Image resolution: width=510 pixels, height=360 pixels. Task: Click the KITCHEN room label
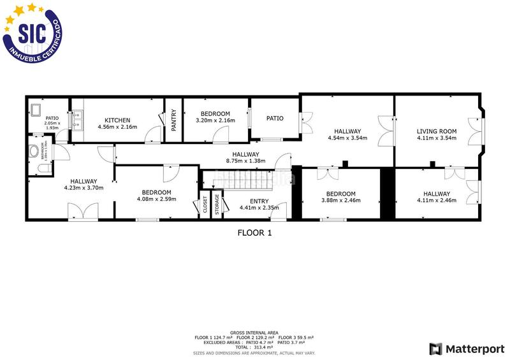point(118,120)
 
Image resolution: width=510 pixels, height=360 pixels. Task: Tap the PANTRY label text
point(173,120)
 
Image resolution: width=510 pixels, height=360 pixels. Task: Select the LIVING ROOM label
point(437,131)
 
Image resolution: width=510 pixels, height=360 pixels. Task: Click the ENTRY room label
point(259,201)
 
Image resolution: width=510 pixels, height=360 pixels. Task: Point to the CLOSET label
point(205,205)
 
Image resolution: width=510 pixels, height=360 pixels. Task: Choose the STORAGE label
point(217,205)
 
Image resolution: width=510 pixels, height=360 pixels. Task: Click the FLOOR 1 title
point(254,233)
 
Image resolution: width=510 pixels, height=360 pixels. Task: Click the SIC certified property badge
point(33,33)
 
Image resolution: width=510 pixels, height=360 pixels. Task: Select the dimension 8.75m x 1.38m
point(245,161)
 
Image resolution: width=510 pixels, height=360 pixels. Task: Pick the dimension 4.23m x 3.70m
point(84,188)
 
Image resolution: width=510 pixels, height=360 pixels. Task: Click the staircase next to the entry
point(245,183)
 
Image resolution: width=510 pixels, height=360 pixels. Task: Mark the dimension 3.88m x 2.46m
point(340,201)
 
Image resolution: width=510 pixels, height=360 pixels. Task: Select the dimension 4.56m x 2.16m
point(118,127)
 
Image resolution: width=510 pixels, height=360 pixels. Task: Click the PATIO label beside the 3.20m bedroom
point(275,118)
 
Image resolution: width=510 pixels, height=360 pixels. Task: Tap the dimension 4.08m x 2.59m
point(156,199)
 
